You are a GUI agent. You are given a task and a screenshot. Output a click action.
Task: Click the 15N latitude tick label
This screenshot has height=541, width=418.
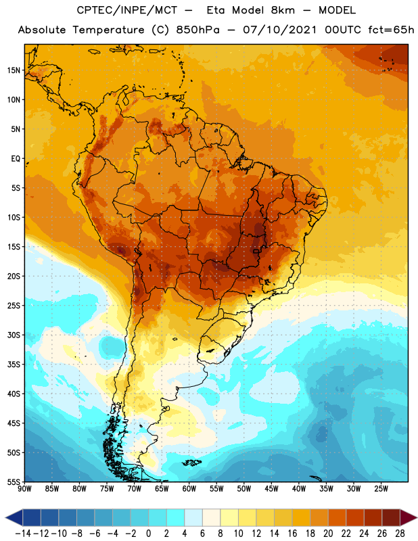tap(14, 70)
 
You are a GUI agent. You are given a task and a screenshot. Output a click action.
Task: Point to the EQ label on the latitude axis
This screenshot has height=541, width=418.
tap(16, 159)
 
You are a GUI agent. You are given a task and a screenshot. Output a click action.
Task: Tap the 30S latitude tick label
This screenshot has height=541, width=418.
tap(14, 335)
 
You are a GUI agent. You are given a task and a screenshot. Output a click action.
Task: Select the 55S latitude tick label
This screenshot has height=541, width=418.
tap(14, 482)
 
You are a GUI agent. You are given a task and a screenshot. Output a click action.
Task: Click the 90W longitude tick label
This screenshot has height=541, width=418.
tap(24, 489)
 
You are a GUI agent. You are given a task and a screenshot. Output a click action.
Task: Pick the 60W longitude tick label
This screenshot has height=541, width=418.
tap(189, 489)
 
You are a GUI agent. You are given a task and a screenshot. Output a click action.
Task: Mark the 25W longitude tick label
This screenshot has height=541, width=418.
tap(381, 489)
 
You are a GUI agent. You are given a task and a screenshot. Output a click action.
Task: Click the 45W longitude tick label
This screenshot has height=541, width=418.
tap(271, 489)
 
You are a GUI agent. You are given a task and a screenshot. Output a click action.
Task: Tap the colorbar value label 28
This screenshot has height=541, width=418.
tap(400, 534)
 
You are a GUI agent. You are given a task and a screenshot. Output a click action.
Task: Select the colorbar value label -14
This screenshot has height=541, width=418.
tap(24, 534)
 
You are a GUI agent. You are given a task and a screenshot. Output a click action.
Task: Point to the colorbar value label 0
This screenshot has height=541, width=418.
tap(148, 534)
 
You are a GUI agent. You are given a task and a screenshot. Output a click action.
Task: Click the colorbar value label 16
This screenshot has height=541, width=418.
tap(292, 534)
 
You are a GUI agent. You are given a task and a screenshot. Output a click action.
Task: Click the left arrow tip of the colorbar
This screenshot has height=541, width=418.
tap(6, 517)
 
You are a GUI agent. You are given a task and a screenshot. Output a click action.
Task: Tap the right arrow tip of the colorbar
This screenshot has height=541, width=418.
tap(417, 517)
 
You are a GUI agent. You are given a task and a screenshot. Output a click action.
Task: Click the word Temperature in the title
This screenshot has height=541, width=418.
tap(108, 30)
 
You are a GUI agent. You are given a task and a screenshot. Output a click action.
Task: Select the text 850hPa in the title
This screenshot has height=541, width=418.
tap(198, 30)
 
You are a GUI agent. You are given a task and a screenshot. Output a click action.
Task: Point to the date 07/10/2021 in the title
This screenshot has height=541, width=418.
tap(279, 30)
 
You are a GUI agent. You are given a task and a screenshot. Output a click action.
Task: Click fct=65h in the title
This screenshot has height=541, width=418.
tap(391, 30)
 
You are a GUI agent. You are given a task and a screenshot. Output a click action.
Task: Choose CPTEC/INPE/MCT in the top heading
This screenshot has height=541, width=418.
tap(127, 10)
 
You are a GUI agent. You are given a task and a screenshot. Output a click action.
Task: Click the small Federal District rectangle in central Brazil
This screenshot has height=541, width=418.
tap(256, 251)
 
